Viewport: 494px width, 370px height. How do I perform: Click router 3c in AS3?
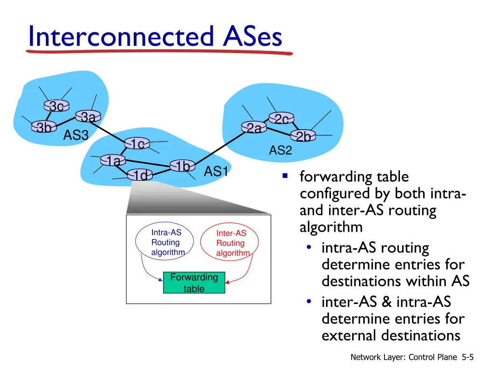click(57, 106)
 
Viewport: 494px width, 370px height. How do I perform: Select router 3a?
click(88, 117)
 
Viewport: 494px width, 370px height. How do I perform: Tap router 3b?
click(44, 127)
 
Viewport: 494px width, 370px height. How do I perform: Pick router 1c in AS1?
click(137, 144)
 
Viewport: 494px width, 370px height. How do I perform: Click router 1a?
click(113, 160)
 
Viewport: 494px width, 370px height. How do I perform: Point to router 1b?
click(182, 166)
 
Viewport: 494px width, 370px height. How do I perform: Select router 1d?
click(140, 175)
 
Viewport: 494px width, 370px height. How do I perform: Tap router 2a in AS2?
click(254, 127)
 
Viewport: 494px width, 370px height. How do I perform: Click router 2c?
click(281, 119)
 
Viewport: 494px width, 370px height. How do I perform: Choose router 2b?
click(303, 136)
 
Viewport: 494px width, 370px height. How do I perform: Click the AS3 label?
click(76, 135)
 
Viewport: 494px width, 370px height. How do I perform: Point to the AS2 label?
click(280, 150)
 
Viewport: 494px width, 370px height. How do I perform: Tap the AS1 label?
click(216, 172)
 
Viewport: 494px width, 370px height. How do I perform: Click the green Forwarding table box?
click(194, 282)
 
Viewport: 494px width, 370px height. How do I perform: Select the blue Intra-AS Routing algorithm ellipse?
click(165, 241)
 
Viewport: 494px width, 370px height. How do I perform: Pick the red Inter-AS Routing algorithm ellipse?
click(229, 242)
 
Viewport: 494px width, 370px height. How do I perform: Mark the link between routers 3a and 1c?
click(112, 131)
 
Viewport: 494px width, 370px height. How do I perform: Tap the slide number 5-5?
click(468, 357)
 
